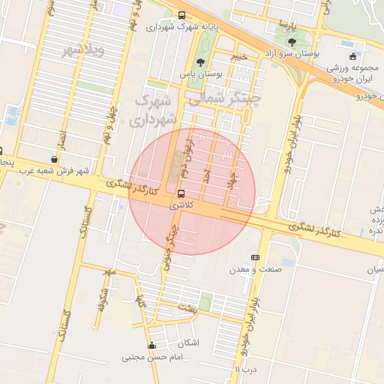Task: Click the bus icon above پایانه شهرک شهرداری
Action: click(x=181, y=16)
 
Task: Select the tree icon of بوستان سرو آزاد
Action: click(x=291, y=42)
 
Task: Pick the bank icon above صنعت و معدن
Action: click(x=255, y=257)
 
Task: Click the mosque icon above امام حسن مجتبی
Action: click(x=152, y=346)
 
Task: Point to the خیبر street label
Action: click(x=238, y=56)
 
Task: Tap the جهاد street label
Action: click(x=233, y=178)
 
